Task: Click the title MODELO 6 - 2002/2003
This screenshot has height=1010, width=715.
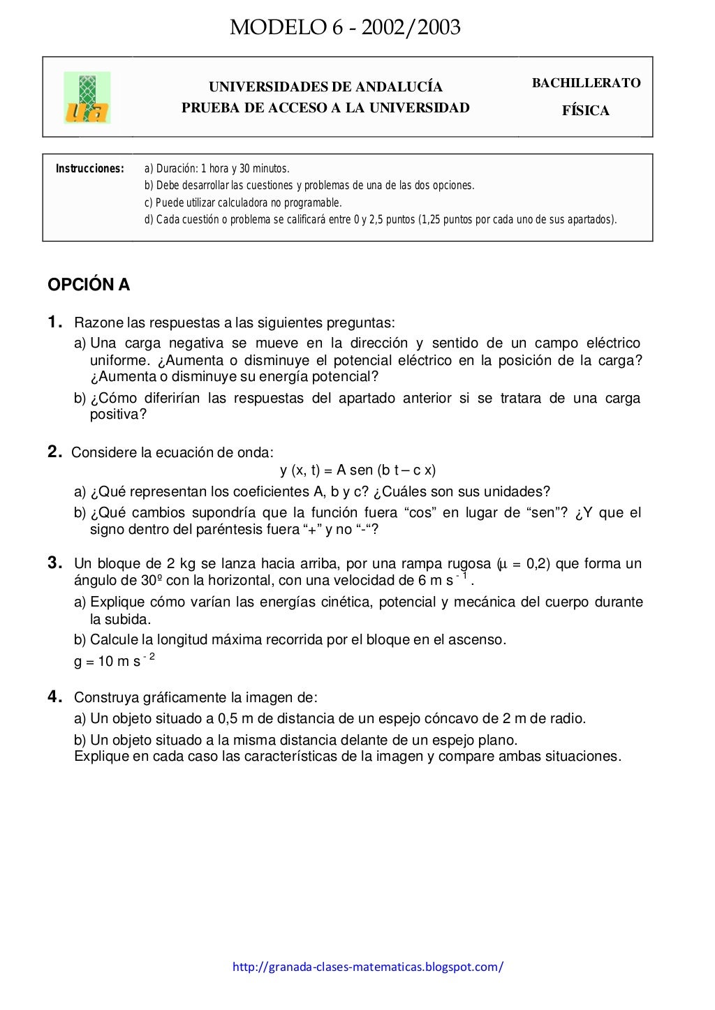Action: click(x=345, y=27)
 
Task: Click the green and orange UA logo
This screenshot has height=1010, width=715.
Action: click(x=87, y=98)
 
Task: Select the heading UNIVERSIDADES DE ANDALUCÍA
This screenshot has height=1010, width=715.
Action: click(x=325, y=87)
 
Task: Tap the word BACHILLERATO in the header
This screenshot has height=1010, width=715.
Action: click(x=586, y=83)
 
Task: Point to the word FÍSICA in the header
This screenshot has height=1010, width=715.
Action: click(x=586, y=111)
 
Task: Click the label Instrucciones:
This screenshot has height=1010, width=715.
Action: click(x=89, y=169)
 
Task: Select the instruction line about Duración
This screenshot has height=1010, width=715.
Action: click(x=216, y=169)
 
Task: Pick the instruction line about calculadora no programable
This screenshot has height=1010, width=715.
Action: click(x=243, y=203)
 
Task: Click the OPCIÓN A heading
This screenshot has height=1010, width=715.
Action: click(x=89, y=285)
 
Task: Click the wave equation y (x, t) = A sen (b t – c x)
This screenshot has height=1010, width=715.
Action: click(x=357, y=470)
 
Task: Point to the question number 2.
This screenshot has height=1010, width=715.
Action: click(x=54, y=452)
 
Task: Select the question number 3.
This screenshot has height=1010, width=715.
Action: click(x=54, y=563)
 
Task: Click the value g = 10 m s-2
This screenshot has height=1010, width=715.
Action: click(x=114, y=660)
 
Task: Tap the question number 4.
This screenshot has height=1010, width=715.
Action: click(x=54, y=697)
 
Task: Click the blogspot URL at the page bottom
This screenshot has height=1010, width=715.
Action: click(x=367, y=967)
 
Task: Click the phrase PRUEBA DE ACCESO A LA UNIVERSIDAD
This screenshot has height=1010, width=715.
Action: click(x=325, y=107)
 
